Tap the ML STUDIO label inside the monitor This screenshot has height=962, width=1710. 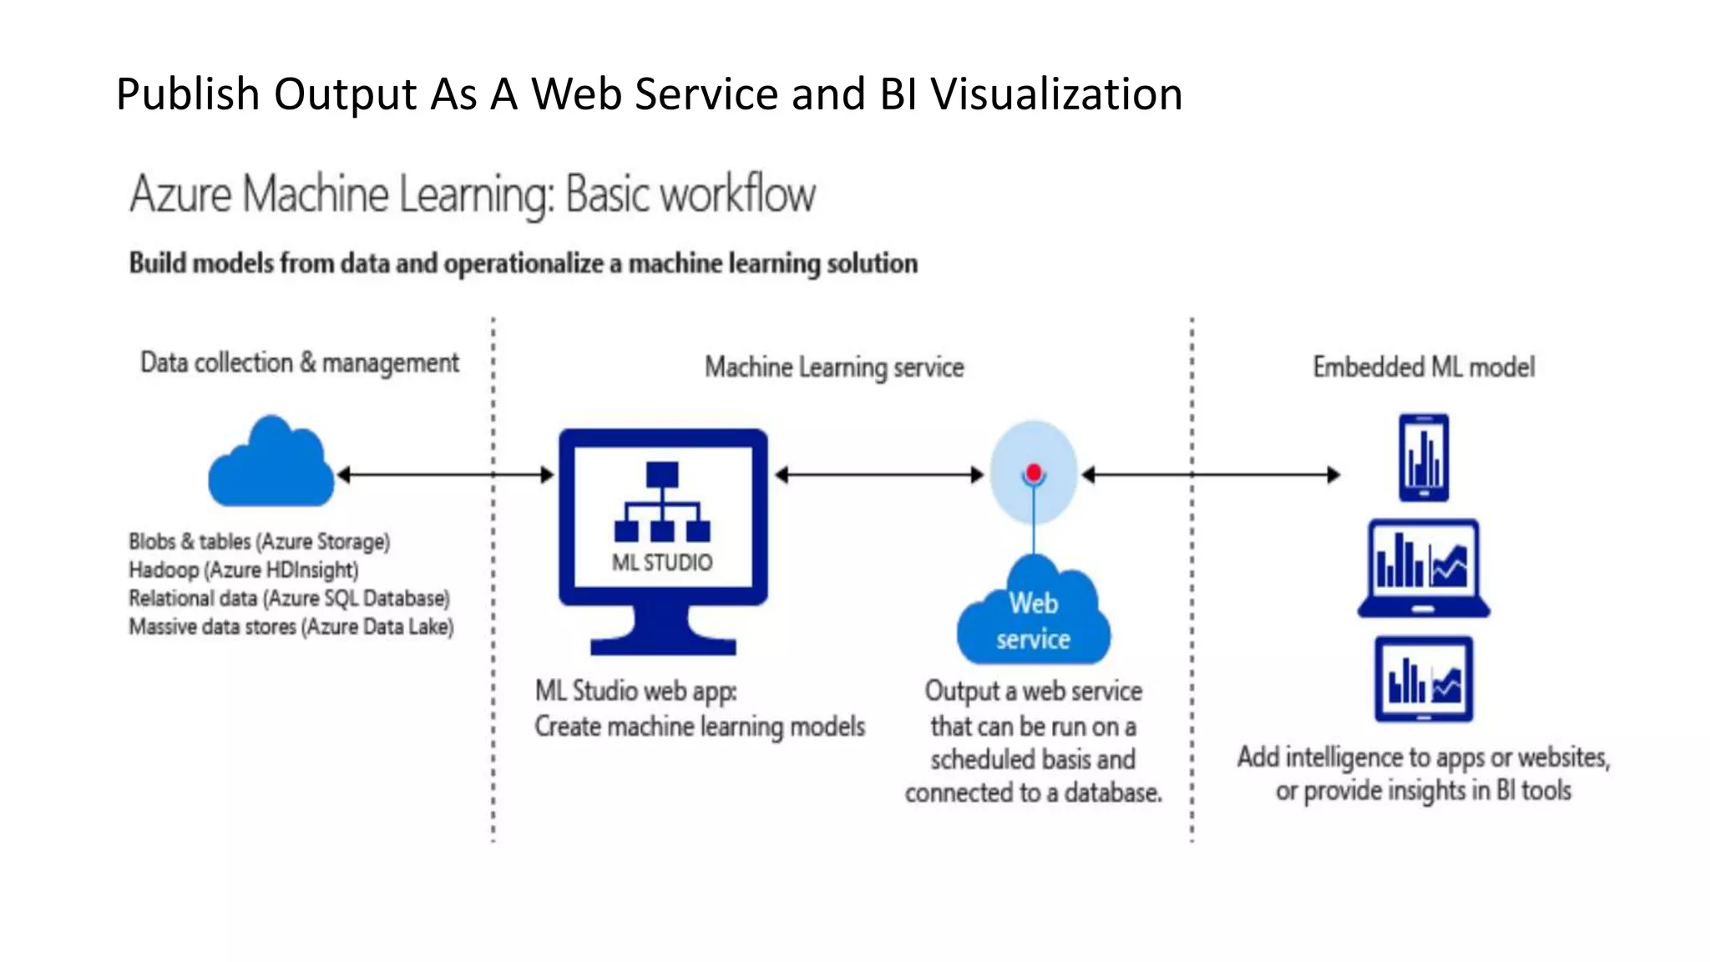[662, 563]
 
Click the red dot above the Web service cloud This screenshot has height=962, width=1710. [1034, 473]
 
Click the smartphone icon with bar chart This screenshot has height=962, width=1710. [1424, 458]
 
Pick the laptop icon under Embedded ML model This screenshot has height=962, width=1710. [1424, 568]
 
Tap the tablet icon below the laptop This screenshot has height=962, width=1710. [1424, 679]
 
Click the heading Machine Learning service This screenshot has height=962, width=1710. [834, 367]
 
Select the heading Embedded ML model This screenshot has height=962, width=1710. [1424, 367]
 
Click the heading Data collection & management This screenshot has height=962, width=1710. [299, 363]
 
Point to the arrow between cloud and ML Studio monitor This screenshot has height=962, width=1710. [444, 475]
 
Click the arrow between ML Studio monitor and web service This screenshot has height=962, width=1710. [879, 475]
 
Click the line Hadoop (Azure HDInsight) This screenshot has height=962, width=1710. [243, 570]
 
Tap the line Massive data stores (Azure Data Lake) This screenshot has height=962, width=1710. [291, 627]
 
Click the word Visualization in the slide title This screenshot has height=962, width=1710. [1057, 94]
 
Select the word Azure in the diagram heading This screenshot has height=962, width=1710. [180, 195]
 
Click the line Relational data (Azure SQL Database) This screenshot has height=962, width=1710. [289, 599]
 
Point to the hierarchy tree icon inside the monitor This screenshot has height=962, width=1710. [662, 503]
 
